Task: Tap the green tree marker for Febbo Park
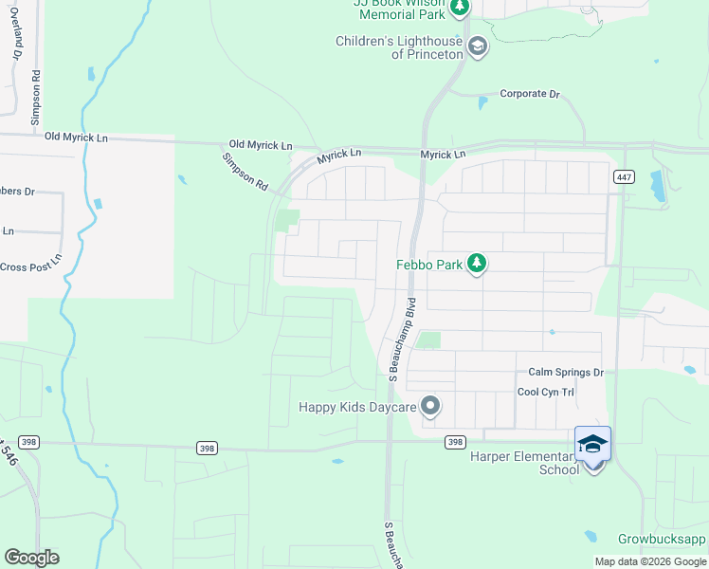(x=477, y=264)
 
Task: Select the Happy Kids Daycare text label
(x=357, y=407)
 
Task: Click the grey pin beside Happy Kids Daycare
(x=430, y=407)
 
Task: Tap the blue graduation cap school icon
(x=592, y=444)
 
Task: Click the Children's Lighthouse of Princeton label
(x=399, y=47)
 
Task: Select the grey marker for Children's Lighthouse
(x=477, y=46)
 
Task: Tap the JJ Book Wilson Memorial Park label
(x=397, y=9)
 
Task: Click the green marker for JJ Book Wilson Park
(x=460, y=9)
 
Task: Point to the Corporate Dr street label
(x=530, y=94)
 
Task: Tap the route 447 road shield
(x=623, y=176)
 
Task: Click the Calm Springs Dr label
(x=566, y=373)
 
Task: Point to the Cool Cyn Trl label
(x=546, y=392)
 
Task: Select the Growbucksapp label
(x=663, y=539)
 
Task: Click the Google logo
(x=31, y=558)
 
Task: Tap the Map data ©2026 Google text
(x=650, y=561)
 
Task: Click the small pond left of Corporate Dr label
(x=482, y=101)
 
